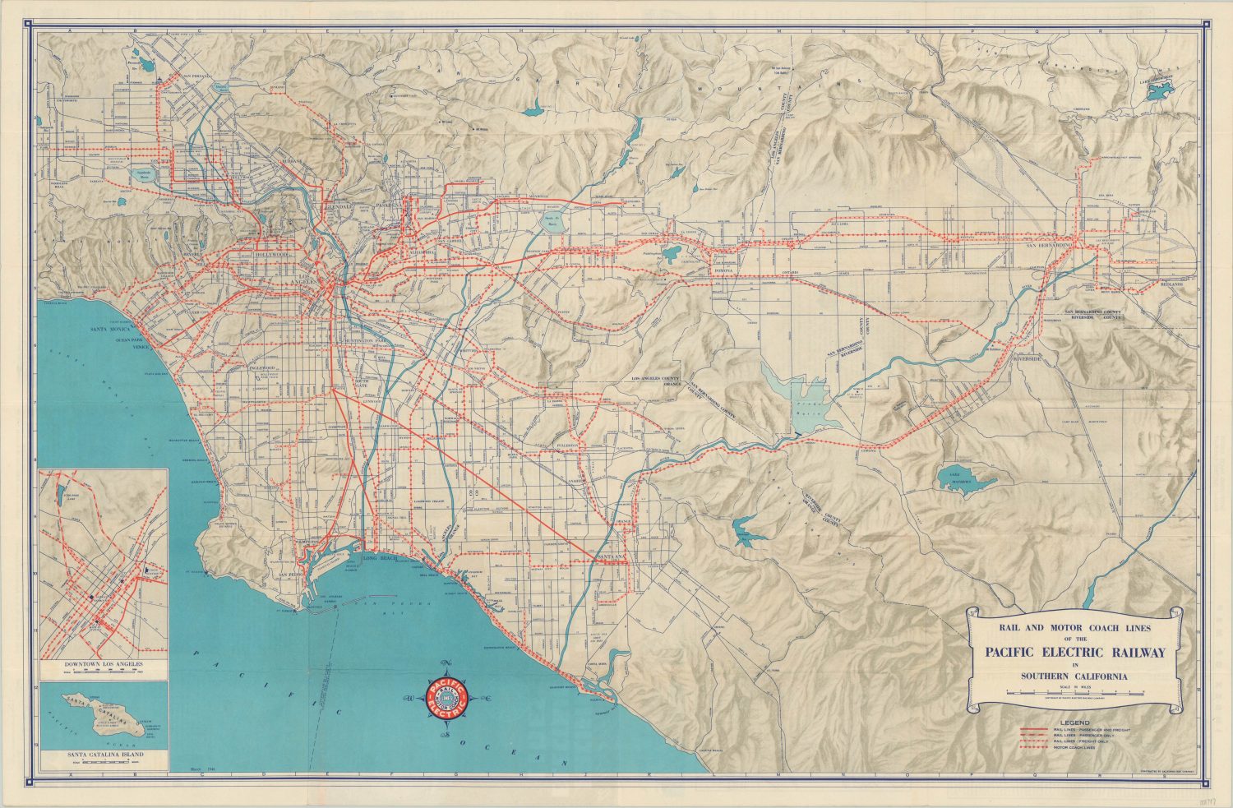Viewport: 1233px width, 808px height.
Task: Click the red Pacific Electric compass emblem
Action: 446,699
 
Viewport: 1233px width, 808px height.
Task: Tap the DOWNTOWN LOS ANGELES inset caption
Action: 104,662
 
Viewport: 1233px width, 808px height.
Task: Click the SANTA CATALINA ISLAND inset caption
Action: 104,753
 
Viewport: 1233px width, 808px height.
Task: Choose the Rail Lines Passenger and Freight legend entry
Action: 1074,730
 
